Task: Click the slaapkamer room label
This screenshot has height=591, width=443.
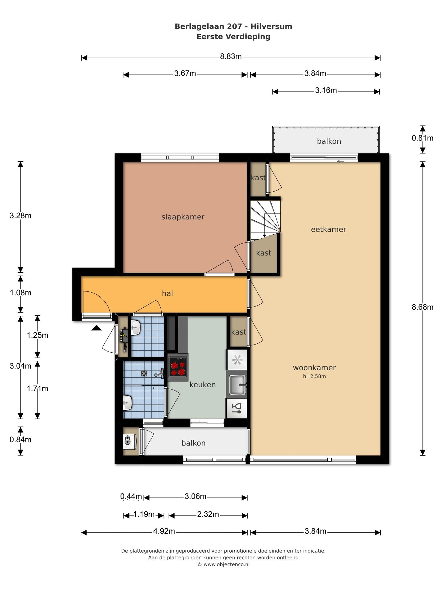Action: [183, 217]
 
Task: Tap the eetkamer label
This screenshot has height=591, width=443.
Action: [329, 229]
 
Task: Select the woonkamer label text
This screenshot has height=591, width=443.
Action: [314, 368]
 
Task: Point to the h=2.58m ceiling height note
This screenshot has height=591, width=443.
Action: [314, 376]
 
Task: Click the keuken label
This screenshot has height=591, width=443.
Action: [202, 385]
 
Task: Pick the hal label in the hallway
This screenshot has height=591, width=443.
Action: [168, 293]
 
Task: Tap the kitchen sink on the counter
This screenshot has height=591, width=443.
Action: [237, 384]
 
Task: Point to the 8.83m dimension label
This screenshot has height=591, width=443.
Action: [231, 57]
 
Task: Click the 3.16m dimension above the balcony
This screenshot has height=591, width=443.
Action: [326, 91]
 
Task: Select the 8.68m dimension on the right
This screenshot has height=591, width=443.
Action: [423, 307]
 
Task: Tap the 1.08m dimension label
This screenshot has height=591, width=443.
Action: [20, 293]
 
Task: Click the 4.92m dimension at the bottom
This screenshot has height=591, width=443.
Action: [164, 531]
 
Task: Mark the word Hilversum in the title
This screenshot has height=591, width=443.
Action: [271, 27]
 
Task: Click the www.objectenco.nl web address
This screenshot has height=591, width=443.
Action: [226, 564]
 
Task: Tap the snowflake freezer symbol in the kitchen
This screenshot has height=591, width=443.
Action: [237, 360]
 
